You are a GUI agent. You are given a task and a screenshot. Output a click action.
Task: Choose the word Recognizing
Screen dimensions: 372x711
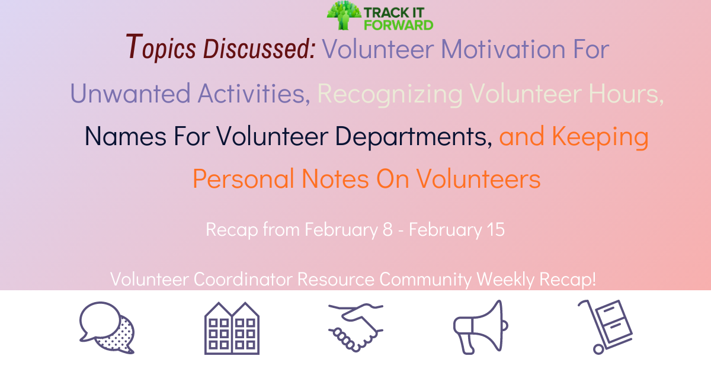pyautogui.click(x=390, y=94)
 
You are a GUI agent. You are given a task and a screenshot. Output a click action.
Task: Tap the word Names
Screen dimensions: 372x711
pyautogui.click(x=126, y=137)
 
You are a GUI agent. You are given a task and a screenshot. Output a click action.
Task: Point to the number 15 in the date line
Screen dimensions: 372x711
pyautogui.click(x=495, y=229)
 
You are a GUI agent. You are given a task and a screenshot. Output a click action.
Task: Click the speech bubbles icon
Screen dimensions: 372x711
pyautogui.click(x=107, y=328)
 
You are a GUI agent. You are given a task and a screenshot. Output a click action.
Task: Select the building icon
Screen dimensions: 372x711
pyautogui.click(x=232, y=328)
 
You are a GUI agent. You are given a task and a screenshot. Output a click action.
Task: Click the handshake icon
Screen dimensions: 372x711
pyautogui.click(x=355, y=328)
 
